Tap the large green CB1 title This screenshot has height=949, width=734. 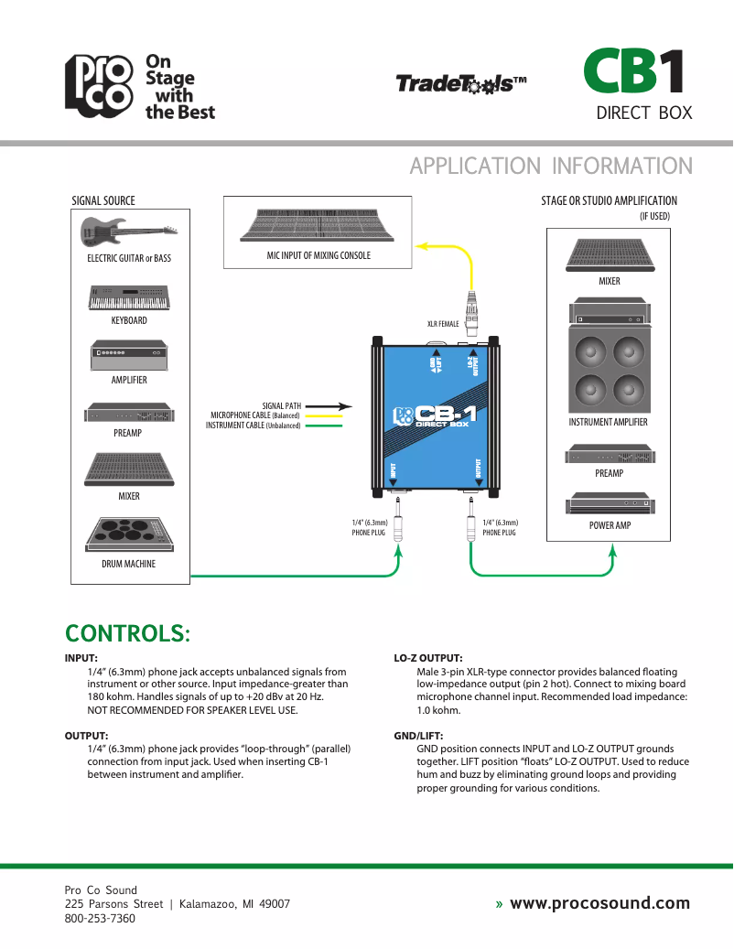(634, 72)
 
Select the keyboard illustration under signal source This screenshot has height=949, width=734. (129, 298)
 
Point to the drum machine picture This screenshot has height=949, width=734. (129, 534)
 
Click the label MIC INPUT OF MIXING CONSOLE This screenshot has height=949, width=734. (318, 255)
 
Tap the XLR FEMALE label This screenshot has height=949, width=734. (443, 324)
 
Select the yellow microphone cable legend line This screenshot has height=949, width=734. (323, 415)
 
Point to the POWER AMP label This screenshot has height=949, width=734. (610, 525)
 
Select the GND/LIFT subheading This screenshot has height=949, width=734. (419, 735)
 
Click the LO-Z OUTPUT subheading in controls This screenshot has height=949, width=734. (427, 658)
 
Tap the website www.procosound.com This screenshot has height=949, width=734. (599, 903)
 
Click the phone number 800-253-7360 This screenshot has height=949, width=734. (100, 918)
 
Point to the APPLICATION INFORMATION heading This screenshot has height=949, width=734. (551, 166)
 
